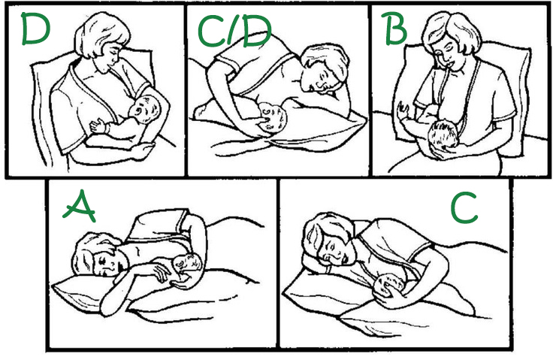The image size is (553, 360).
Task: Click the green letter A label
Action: [x=80, y=207]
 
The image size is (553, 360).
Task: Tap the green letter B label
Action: [x=394, y=29]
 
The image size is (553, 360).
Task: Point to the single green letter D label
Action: [x=35, y=29]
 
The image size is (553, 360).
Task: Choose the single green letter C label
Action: [x=464, y=207]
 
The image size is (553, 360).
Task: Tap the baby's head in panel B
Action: [x=443, y=135]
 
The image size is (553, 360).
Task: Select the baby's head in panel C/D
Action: [x=272, y=117]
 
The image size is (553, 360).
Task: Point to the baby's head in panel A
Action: [x=187, y=262]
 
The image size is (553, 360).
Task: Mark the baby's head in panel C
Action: [x=390, y=285]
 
